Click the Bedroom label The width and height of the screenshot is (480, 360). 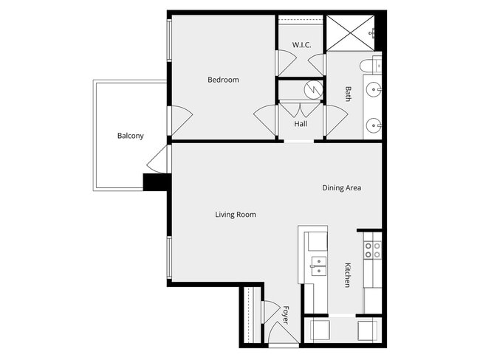click(x=223, y=80)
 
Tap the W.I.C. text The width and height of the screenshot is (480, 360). click(x=301, y=45)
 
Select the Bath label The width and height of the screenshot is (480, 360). click(x=349, y=94)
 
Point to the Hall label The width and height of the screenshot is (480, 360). click(x=301, y=124)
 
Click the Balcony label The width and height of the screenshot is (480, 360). click(x=130, y=136)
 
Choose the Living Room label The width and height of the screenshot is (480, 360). click(x=236, y=215)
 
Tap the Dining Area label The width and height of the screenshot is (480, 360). click(x=341, y=188)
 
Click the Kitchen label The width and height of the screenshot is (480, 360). click(x=348, y=274)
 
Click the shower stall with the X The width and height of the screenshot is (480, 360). click(x=349, y=32)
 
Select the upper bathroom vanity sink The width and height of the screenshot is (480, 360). click(x=374, y=91)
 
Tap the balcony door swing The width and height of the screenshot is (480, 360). click(x=158, y=157)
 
